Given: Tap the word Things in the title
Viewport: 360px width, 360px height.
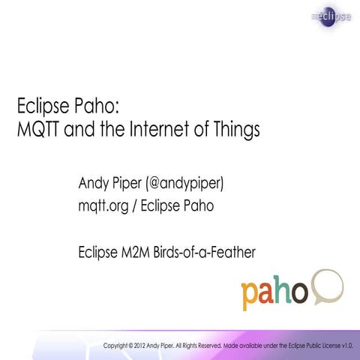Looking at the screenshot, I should (236, 129).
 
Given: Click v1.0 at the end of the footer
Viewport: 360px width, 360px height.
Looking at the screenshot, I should (346, 346).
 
